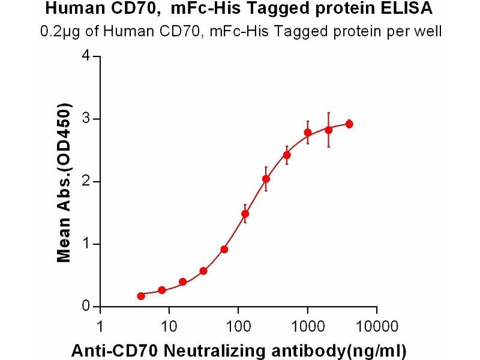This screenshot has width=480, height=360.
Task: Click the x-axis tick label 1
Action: [100, 328]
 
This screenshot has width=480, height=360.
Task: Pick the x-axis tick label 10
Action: [169, 328]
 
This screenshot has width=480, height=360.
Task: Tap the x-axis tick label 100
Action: [238, 328]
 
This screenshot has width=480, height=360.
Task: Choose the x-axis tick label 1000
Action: [307, 328]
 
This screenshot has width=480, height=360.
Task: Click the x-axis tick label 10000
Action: [376, 328]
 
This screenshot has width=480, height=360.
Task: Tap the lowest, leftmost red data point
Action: [141, 296]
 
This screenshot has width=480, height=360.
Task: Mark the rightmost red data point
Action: [349, 124]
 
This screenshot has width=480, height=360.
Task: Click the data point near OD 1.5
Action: [245, 214]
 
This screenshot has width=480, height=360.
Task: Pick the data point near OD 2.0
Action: [266, 179]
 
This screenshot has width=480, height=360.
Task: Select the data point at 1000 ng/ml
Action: [308, 133]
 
